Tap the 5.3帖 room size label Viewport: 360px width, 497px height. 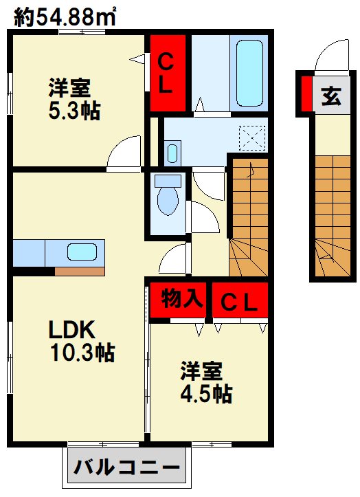click(74, 111)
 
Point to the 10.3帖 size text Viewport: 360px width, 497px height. click(81, 353)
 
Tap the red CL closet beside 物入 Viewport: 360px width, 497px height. click(239, 300)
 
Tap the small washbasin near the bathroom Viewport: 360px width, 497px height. click(172, 152)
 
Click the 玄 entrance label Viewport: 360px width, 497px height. click(330, 96)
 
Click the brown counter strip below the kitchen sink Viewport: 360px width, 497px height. click(79, 270)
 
